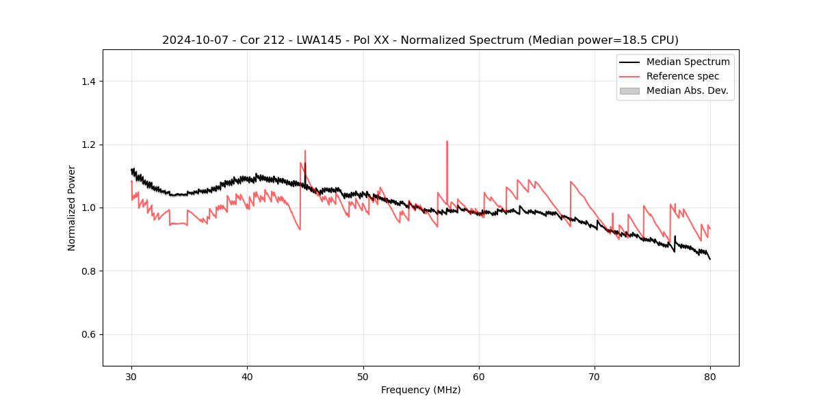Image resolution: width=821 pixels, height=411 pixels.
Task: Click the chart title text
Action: click(420, 40)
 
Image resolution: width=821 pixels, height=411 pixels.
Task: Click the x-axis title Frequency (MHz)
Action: click(421, 390)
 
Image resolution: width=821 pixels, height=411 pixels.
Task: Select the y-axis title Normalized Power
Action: click(72, 208)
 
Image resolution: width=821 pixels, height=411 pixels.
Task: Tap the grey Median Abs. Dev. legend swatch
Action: click(629, 90)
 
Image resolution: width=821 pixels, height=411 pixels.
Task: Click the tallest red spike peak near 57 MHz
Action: click(447, 142)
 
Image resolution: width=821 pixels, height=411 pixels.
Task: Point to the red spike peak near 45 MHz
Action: click(305, 151)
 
